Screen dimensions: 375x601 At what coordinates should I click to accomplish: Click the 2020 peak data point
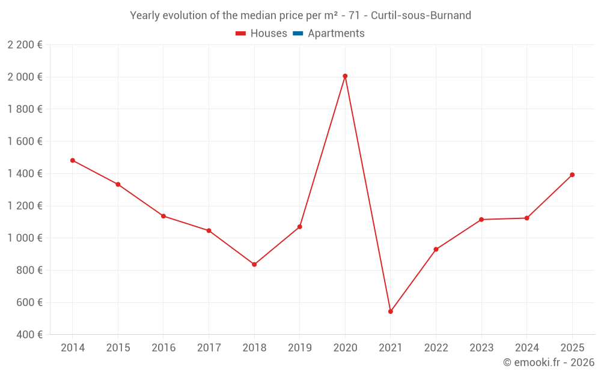pos(345,76)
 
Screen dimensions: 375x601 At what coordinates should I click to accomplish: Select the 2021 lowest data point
pos(391,311)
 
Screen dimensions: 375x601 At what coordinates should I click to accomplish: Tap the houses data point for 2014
pos(73,160)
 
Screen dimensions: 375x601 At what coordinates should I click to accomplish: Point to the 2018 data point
pos(254,265)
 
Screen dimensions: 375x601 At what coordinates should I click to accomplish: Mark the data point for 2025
pos(572,175)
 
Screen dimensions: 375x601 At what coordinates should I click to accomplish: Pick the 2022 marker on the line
pos(436,250)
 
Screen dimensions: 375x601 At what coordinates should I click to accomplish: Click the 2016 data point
pos(163,216)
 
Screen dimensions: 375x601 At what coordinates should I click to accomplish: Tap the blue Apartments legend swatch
pos(297,34)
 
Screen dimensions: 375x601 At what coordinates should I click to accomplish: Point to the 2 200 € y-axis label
pos(25,44)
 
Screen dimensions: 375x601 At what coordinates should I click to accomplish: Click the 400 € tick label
pos(28,334)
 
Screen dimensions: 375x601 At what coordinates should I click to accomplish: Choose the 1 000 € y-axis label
pos(25,238)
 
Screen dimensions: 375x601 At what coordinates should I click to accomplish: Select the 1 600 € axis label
pos(25,141)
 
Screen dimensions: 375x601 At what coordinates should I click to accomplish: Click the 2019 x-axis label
pos(299,348)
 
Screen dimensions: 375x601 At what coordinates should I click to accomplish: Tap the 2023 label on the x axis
pos(481,348)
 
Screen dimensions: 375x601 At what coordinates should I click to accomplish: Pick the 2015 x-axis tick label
pos(118,348)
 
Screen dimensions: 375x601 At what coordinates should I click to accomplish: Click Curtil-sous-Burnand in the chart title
pos(421,16)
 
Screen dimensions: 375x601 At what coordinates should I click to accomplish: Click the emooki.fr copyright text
pos(549,362)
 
